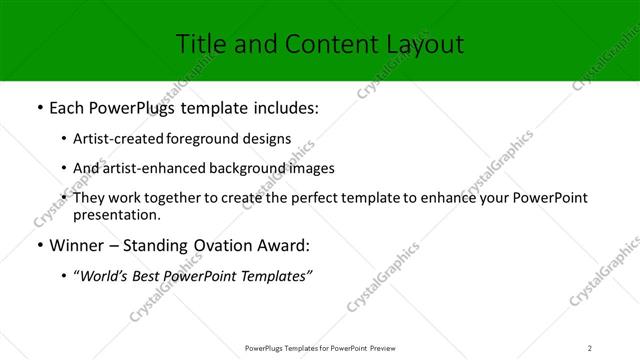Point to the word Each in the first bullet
[x=68, y=108]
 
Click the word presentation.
[x=117, y=214]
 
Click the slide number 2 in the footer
[x=590, y=347]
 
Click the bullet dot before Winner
[x=38, y=246]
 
